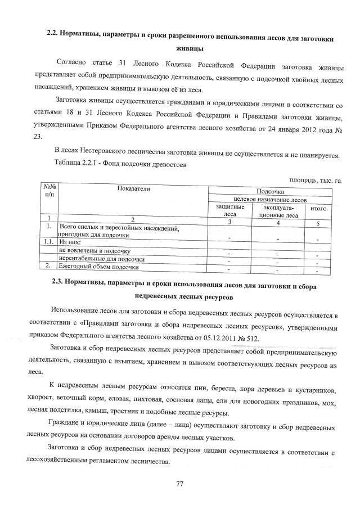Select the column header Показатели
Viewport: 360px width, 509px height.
pyautogui.click(x=134, y=189)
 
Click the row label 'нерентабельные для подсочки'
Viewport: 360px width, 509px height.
pyautogui.click(x=102, y=259)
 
